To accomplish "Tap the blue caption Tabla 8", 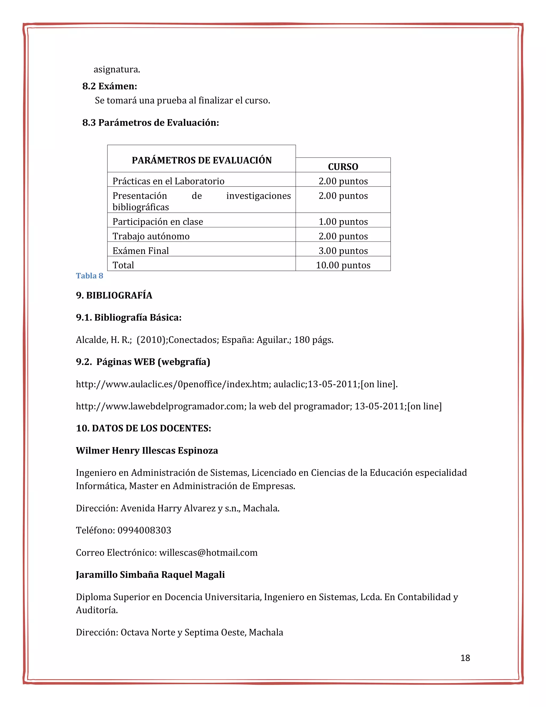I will coord(89,276).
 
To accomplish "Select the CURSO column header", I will coord(343,167).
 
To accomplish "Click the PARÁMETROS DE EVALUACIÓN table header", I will coord(202,160).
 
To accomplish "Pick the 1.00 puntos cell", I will coord(343,222).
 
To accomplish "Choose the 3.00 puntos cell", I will coord(343,251).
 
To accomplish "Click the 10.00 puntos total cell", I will coord(343,265).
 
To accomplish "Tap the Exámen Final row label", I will coord(140,251).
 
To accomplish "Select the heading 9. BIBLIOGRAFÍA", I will coord(114,295).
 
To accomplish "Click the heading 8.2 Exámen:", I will coord(110,86).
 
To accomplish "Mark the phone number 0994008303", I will coord(144,530).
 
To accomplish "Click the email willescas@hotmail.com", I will coord(208,553).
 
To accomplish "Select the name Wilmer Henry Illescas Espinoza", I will coord(147,451).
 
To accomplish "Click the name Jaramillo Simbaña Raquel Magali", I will coord(150,575).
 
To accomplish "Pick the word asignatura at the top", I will coord(117,69).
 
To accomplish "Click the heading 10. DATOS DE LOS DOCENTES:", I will coord(143,428).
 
